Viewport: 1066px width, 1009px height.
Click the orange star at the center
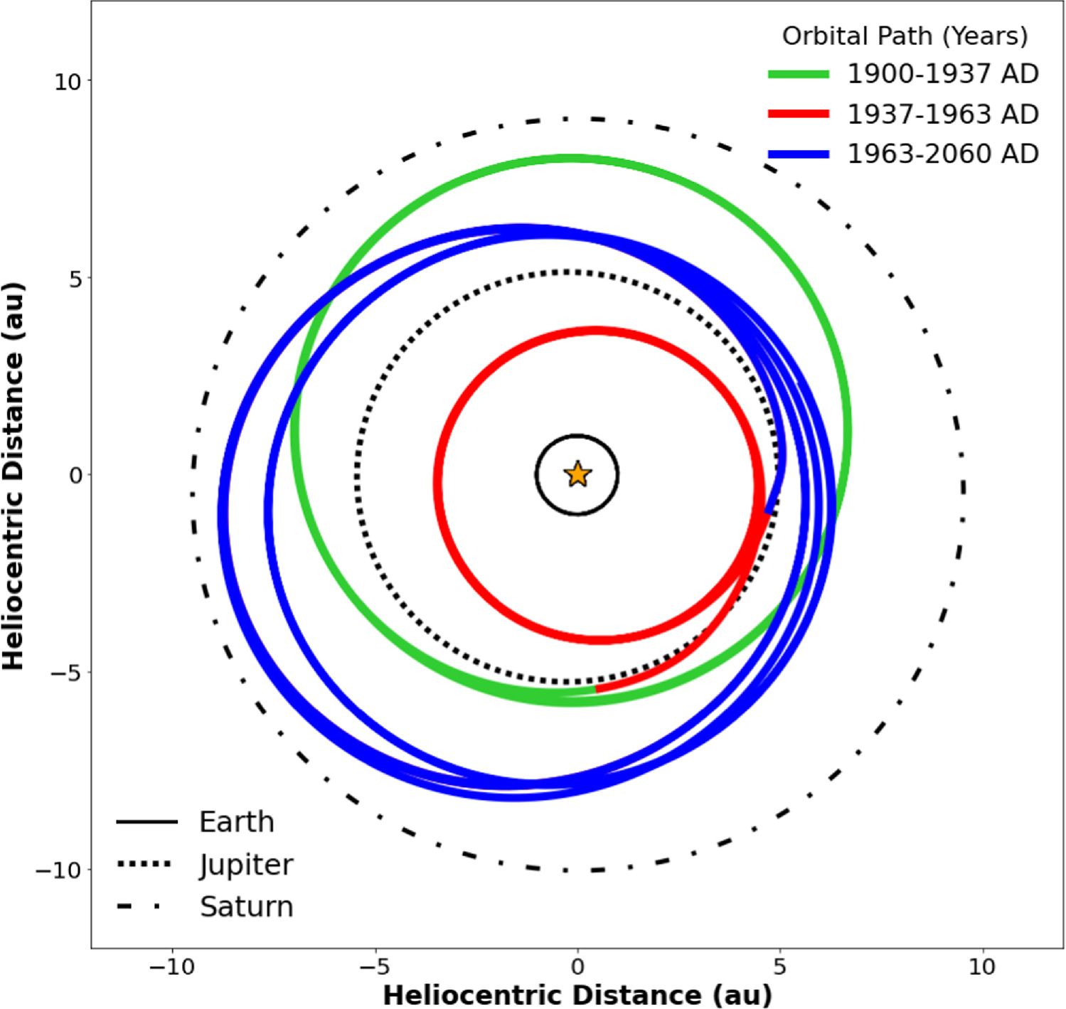click(x=577, y=474)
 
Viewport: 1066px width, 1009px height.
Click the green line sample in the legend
click(x=798, y=74)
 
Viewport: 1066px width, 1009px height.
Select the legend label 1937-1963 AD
click(x=942, y=114)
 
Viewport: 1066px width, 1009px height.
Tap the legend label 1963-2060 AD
click(x=942, y=154)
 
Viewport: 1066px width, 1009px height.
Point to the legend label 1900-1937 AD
click(x=942, y=74)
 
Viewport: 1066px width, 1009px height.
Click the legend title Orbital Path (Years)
click(x=905, y=36)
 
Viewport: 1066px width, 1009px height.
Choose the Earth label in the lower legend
click(x=236, y=822)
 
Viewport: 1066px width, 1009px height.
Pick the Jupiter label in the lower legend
click(x=246, y=865)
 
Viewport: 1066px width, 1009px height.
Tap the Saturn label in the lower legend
click(x=246, y=907)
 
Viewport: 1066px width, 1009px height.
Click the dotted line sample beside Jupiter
click(x=144, y=864)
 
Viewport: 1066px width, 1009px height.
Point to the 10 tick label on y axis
click(x=68, y=82)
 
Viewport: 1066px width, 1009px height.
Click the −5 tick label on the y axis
click(x=65, y=673)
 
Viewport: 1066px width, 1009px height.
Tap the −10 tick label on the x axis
click(x=171, y=967)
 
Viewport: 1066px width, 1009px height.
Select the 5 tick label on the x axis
click(x=780, y=967)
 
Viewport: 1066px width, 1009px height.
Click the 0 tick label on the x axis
click(x=577, y=967)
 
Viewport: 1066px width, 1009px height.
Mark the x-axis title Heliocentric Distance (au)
click(x=577, y=995)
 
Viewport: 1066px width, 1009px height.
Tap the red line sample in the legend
click(x=798, y=114)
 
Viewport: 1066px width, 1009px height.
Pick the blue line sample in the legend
click(x=798, y=154)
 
